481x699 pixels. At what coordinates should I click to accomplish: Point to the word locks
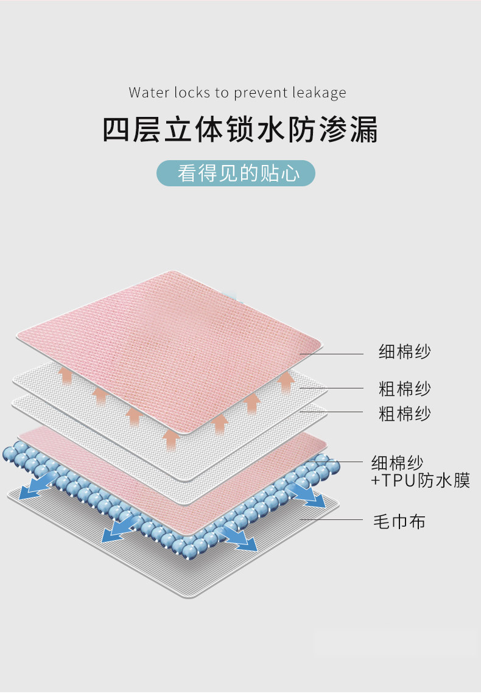192,93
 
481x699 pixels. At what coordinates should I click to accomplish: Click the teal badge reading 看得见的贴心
237,173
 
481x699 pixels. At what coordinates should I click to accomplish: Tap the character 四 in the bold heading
117,130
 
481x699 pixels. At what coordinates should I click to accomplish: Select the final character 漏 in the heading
364,130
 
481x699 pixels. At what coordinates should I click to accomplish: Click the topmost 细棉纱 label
405,352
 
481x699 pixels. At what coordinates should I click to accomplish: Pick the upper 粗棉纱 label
405,388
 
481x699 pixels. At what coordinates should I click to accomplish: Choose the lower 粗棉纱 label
405,414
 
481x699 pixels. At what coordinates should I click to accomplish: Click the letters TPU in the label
398,480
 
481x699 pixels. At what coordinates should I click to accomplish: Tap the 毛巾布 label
399,521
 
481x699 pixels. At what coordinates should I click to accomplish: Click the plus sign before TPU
376,481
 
